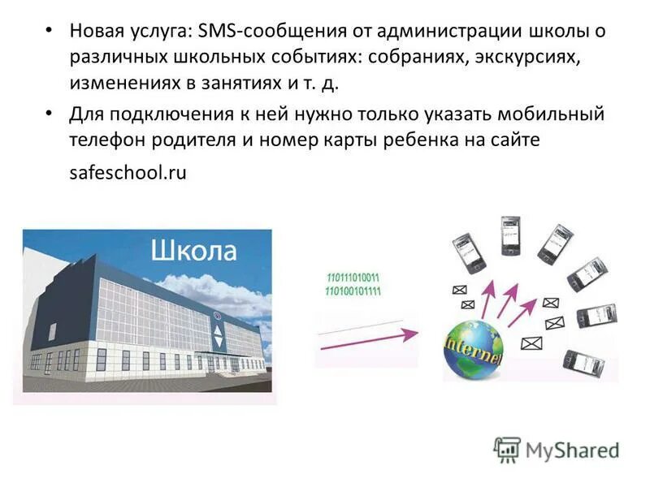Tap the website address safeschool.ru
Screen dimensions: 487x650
[128, 172]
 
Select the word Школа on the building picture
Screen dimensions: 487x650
[193, 251]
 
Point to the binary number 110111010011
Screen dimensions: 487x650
[353, 278]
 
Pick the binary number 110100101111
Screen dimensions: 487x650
[353, 290]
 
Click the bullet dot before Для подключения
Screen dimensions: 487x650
[49, 114]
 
